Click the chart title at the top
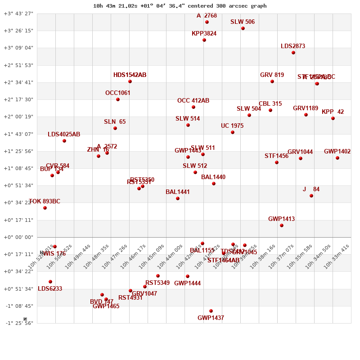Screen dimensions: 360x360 pyautogui.click(x=180, y=6)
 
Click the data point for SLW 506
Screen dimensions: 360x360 pyautogui.click(x=243, y=28)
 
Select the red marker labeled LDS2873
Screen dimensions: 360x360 pyautogui.click(x=293, y=53)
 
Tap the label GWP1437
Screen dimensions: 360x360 pyautogui.click(x=211, y=318)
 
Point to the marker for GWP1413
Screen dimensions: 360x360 pyautogui.click(x=282, y=225)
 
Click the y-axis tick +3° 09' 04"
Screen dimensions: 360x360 pyautogui.click(x=18, y=48)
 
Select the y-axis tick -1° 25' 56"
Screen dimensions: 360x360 pyautogui.click(x=18, y=323)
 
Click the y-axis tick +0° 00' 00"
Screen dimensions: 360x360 pyautogui.click(x=18, y=237)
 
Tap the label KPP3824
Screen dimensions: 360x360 pyautogui.click(x=204, y=34)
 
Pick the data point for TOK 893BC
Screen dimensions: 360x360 pyautogui.click(x=45, y=208)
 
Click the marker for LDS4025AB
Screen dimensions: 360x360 pyautogui.click(x=64, y=141)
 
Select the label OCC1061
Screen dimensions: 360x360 pyautogui.click(x=118, y=93)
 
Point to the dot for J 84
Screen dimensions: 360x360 pyautogui.click(x=311, y=196)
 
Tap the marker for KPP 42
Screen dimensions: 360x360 pyautogui.click(x=333, y=118)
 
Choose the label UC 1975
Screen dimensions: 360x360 pyautogui.click(x=232, y=126)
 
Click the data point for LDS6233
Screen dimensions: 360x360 pyautogui.click(x=50, y=282)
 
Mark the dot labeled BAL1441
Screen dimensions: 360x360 pyautogui.click(x=178, y=198)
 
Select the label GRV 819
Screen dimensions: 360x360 pyautogui.click(x=272, y=75)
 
